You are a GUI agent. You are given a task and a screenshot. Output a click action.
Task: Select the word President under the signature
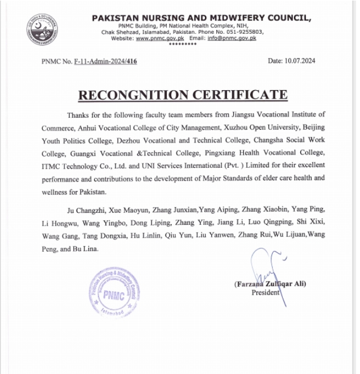click(x=265, y=292)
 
